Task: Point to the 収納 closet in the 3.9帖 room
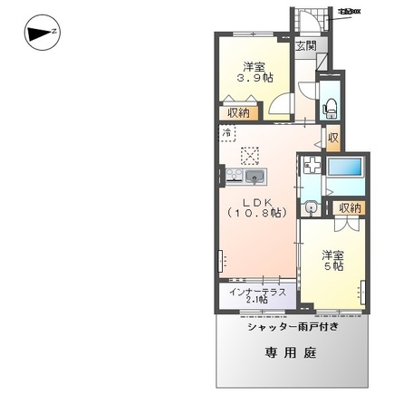click(238, 113)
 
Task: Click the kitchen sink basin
click(253, 175)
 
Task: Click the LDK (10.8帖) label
click(253, 206)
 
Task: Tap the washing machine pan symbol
click(311, 167)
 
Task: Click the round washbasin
click(311, 207)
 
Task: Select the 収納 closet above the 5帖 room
click(350, 207)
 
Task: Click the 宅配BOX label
click(349, 12)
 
